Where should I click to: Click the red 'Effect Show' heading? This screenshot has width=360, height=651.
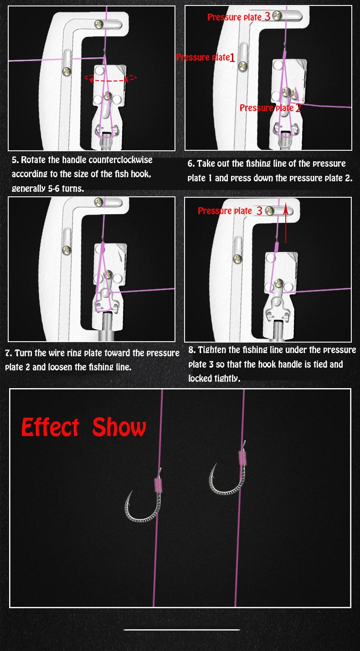coord(83,427)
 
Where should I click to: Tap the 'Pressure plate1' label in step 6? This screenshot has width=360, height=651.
coord(206,57)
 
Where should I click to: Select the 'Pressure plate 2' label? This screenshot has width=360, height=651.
coord(270,108)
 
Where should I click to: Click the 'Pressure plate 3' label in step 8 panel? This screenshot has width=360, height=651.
coord(230,211)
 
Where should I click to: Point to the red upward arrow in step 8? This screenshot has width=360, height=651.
coord(286,223)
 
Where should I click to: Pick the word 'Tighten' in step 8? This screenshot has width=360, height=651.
coord(212,350)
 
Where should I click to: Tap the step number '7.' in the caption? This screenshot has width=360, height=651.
coord(9,353)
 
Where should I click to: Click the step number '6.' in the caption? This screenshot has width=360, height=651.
coord(191,164)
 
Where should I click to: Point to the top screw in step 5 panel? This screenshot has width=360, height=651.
coord(99,25)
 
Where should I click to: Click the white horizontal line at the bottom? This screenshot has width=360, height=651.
coord(182,630)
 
